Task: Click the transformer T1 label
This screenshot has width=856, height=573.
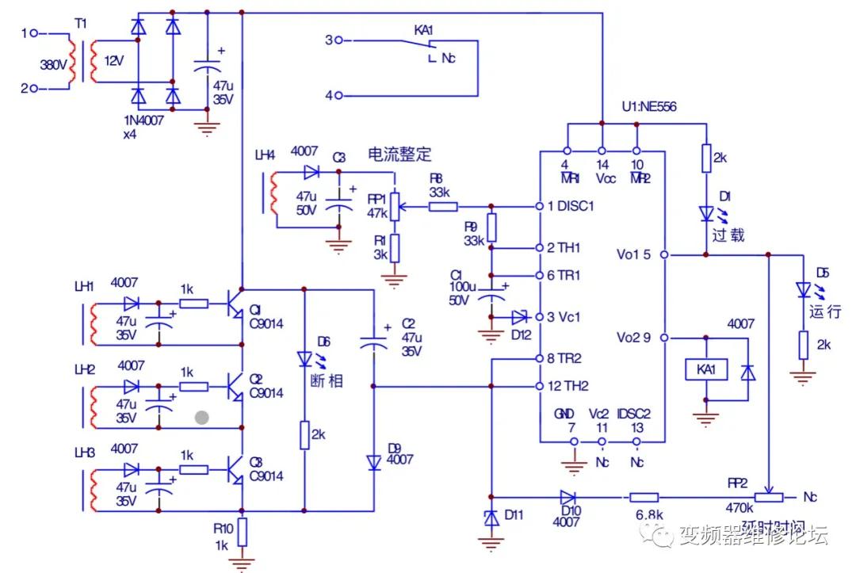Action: click(80, 25)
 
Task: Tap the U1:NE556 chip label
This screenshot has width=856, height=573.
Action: click(649, 107)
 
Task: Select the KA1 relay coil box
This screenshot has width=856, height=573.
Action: click(705, 370)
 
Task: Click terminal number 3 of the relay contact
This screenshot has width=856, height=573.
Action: click(330, 39)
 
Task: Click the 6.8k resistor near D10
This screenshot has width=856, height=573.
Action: click(644, 498)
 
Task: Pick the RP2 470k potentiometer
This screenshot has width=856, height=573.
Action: click(768, 498)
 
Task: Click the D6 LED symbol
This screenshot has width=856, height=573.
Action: click(304, 359)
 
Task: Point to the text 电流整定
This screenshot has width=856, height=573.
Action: click(399, 152)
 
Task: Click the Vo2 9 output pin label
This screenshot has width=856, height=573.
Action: click(634, 338)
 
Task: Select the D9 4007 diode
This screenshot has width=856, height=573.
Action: click(373, 461)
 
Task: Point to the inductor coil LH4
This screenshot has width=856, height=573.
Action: click(272, 194)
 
